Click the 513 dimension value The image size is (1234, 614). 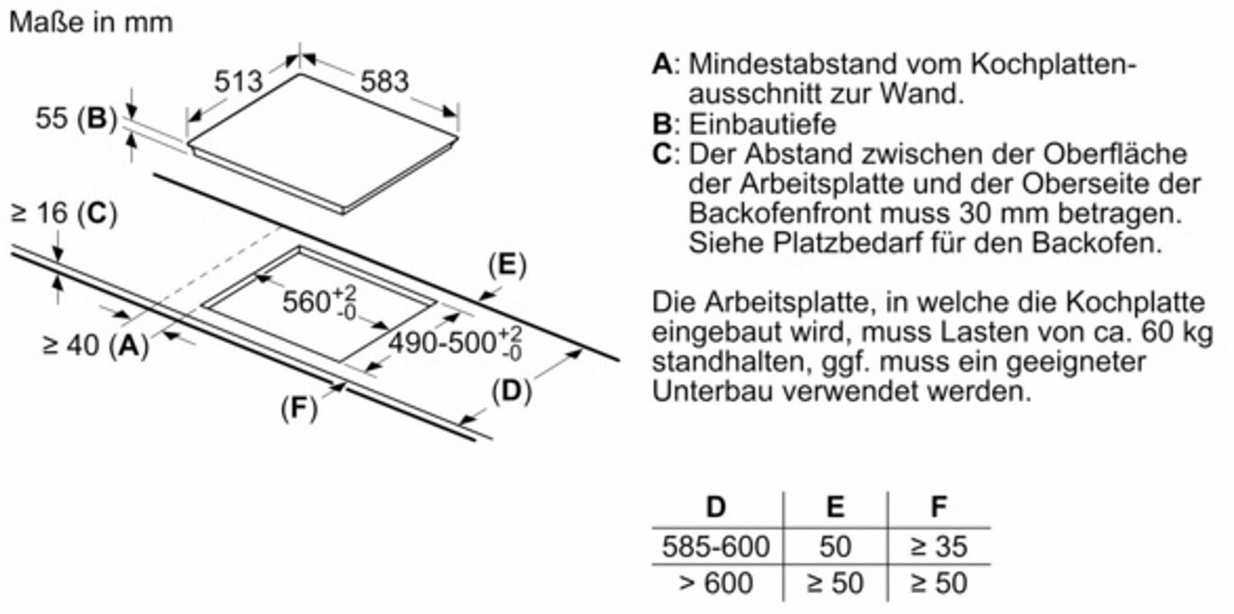click(239, 82)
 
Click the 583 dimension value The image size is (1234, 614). click(385, 81)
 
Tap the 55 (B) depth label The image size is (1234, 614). click(77, 118)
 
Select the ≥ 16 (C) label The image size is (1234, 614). click(63, 214)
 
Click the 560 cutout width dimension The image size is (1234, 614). click(320, 302)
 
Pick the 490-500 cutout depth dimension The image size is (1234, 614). click(456, 343)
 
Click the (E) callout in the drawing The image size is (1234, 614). click(506, 266)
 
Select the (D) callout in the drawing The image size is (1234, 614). click(511, 392)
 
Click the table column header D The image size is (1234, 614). click(716, 507)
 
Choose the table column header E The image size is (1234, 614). click(835, 507)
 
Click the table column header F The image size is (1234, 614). click(939, 507)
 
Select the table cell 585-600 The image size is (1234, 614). click(716, 546)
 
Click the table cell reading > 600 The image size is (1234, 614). click(716, 583)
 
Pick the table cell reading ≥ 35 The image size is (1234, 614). click(939, 546)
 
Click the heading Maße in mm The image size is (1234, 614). click(90, 23)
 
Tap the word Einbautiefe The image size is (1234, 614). click(762, 123)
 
